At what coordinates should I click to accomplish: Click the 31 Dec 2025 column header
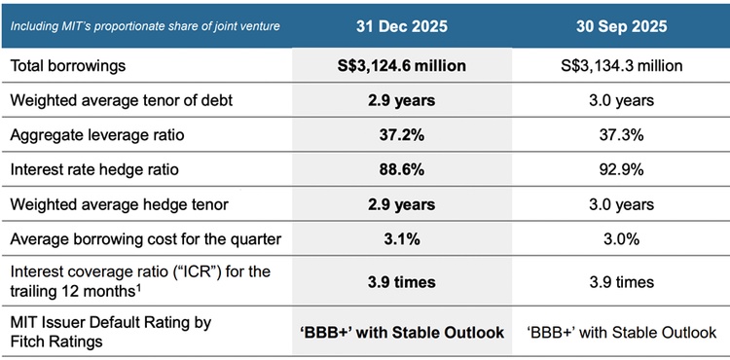pos(400,25)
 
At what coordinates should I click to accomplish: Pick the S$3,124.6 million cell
pos(400,66)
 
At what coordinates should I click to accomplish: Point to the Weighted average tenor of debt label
pos(119,100)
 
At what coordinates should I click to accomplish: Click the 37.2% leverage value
pos(400,135)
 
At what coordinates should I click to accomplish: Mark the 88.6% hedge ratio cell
pos(400,169)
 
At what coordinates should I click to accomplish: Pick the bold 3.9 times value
pos(400,282)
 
